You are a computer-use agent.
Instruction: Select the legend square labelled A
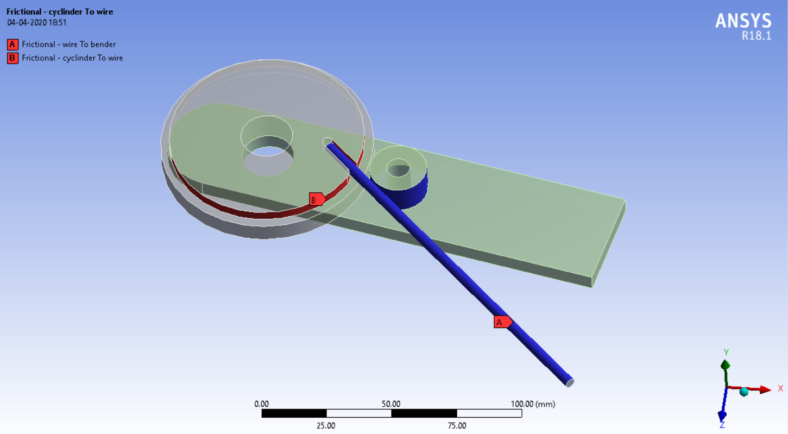coord(12,45)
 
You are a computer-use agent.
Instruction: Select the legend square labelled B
coord(12,58)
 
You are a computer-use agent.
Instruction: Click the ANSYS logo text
coord(743,21)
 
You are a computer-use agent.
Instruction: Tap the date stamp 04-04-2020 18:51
coord(36,23)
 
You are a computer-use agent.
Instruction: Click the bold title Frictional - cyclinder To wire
coord(60,11)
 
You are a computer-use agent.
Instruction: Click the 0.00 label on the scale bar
coord(262,404)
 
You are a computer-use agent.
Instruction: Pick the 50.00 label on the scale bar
coord(391,404)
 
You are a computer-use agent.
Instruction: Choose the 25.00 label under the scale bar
coord(326,425)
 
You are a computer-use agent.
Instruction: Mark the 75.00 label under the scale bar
coord(457,425)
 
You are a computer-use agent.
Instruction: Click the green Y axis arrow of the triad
coord(725,364)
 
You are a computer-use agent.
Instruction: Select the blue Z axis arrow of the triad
coord(722,416)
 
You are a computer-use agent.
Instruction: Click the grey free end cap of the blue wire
coord(569,382)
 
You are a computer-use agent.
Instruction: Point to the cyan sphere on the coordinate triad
coord(744,392)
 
